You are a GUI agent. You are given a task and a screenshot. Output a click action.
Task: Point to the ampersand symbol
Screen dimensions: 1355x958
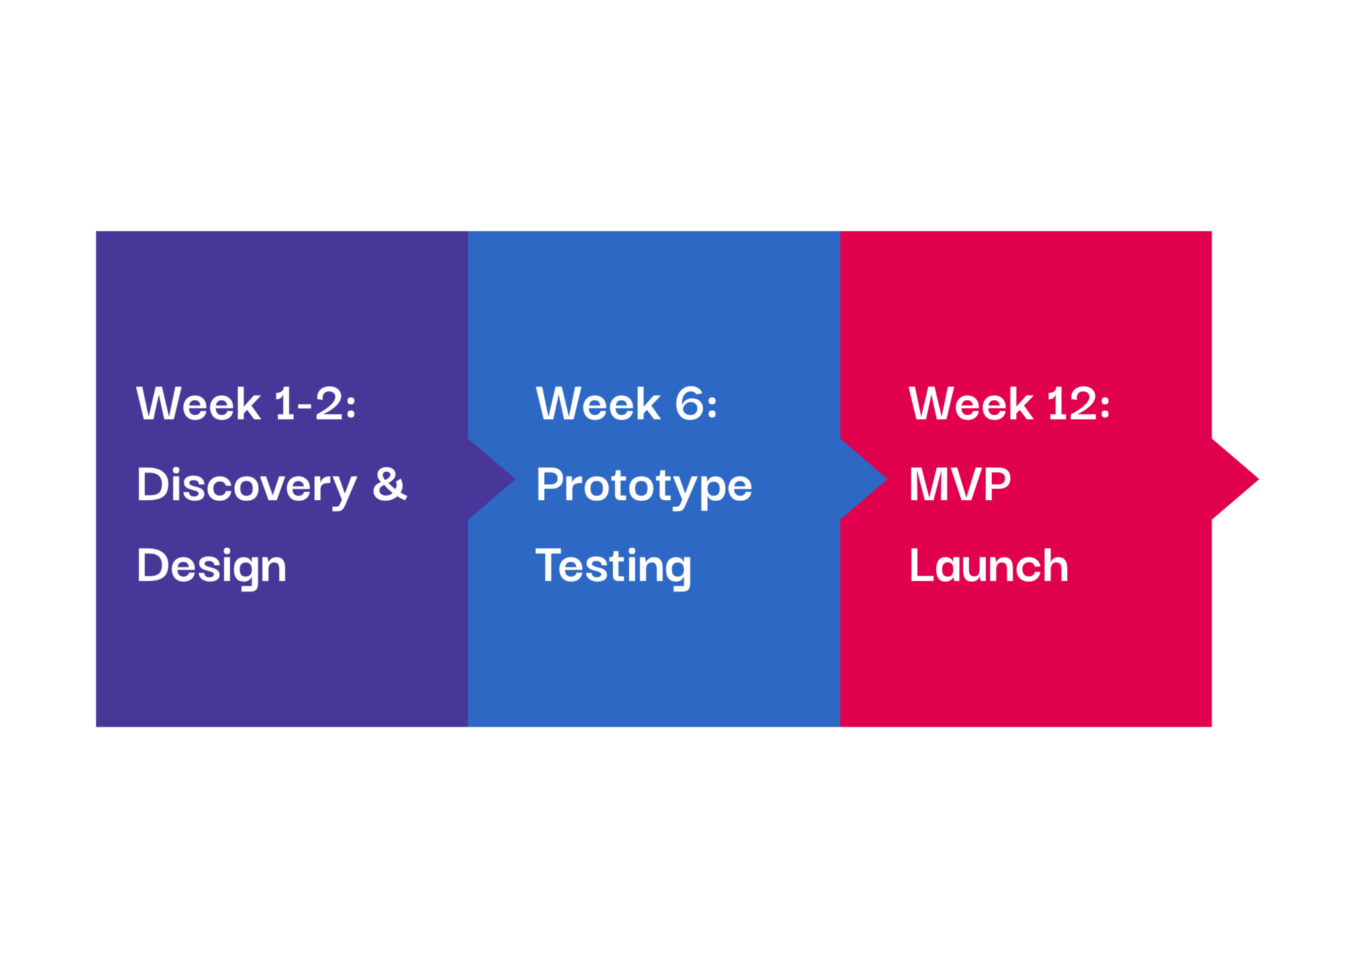point(390,484)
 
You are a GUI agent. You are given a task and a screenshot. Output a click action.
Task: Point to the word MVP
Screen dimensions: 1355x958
point(960,484)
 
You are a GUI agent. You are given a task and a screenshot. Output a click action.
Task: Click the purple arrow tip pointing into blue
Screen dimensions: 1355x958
point(514,479)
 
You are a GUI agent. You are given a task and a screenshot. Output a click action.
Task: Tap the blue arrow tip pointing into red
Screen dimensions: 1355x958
point(887,479)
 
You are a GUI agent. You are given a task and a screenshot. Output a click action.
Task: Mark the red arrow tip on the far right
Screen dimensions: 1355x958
point(1258,479)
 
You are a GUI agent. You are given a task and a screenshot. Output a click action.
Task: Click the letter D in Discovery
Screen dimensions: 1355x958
point(153,484)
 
